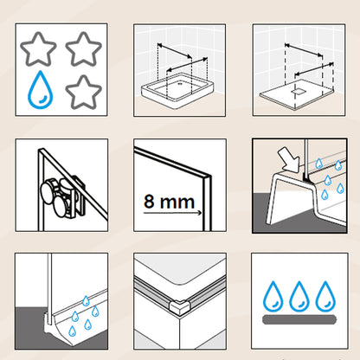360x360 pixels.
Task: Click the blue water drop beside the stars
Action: pyautogui.click(x=41, y=91)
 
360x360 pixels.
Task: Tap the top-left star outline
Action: pyautogui.click(x=38, y=49)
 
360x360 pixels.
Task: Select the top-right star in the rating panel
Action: pyautogui.click(x=84, y=49)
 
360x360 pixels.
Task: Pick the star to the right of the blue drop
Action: pyautogui.click(x=84, y=93)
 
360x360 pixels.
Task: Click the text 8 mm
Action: pyautogui.click(x=170, y=202)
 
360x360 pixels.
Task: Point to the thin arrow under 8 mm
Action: pyautogui.click(x=172, y=213)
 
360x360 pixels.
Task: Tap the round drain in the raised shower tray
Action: pyautogui.click(x=180, y=84)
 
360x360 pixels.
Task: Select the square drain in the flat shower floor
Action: pyautogui.click(x=298, y=92)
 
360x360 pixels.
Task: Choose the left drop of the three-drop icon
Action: pyautogui.click(x=273, y=296)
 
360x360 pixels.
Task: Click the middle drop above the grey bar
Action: pyautogui.click(x=299, y=296)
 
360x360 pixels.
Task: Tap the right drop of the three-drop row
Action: pyautogui.click(x=325, y=296)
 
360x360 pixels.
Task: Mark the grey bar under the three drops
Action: pyautogui.click(x=299, y=319)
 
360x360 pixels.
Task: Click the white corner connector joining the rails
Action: pyautogui.click(x=179, y=307)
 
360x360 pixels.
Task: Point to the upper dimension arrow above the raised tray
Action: pyautogui.click(x=175, y=50)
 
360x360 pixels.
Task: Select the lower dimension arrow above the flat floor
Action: pyautogui.click(x=314, y=69)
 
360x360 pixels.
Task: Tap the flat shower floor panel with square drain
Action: pyautogui.click(x=298, y=95)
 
